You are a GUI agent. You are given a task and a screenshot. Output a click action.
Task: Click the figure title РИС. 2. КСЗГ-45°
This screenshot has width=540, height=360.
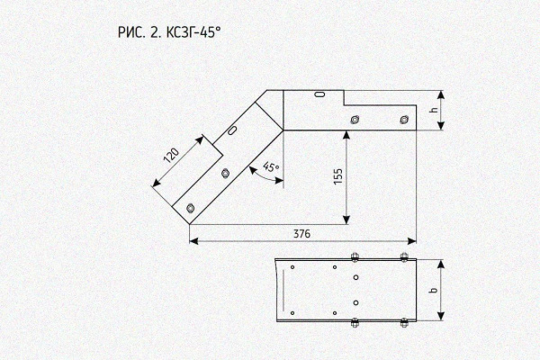pos(169,32)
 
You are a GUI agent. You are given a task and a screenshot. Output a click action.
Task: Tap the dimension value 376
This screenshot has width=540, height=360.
pos(301,234)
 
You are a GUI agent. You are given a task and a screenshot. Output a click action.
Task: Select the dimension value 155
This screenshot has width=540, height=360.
pos(338,176)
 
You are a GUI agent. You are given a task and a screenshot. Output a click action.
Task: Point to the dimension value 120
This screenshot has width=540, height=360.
pos(172,156)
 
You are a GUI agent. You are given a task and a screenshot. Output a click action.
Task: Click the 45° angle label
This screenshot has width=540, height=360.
pos(272,166)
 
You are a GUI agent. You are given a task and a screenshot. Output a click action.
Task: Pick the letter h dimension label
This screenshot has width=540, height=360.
pos(435,110)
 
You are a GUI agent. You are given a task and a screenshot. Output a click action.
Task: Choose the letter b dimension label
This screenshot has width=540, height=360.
pos(435,290)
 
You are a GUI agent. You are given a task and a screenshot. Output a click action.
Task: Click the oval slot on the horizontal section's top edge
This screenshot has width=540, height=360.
pos(320,94)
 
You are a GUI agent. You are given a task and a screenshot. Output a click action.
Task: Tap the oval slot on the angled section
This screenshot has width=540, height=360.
pos(232,130)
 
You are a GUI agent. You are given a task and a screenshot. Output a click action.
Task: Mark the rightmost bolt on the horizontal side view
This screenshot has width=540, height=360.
pos(404,120)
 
